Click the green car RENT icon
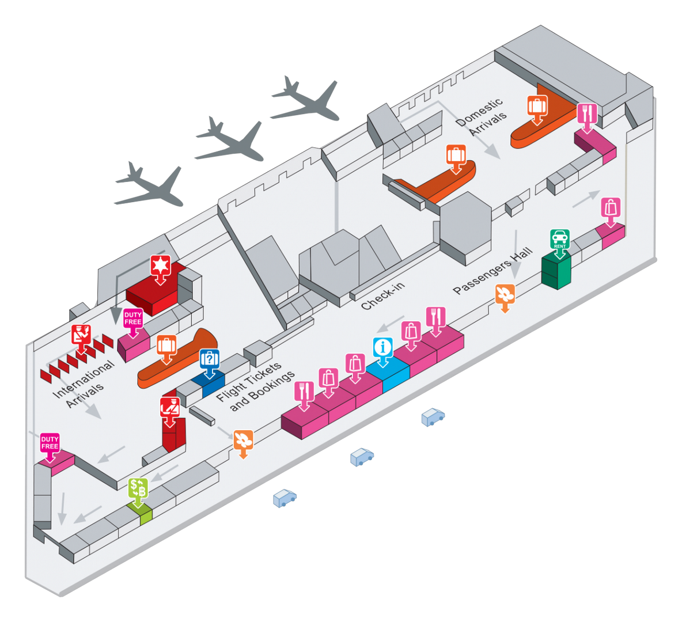(560, 239)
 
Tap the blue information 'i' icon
(382, 348)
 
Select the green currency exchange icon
(138, 488)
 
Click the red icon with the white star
(160, 266)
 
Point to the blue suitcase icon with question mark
(209, 359)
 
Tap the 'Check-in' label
(383, 295)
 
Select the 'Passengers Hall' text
(493, 271)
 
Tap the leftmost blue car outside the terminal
(285, 498)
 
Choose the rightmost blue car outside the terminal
(433, 416)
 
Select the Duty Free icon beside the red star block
(133, 318)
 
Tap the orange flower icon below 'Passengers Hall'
(505, 294)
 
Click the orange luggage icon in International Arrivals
(166, 346)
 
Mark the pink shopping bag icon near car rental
(611, 207)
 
